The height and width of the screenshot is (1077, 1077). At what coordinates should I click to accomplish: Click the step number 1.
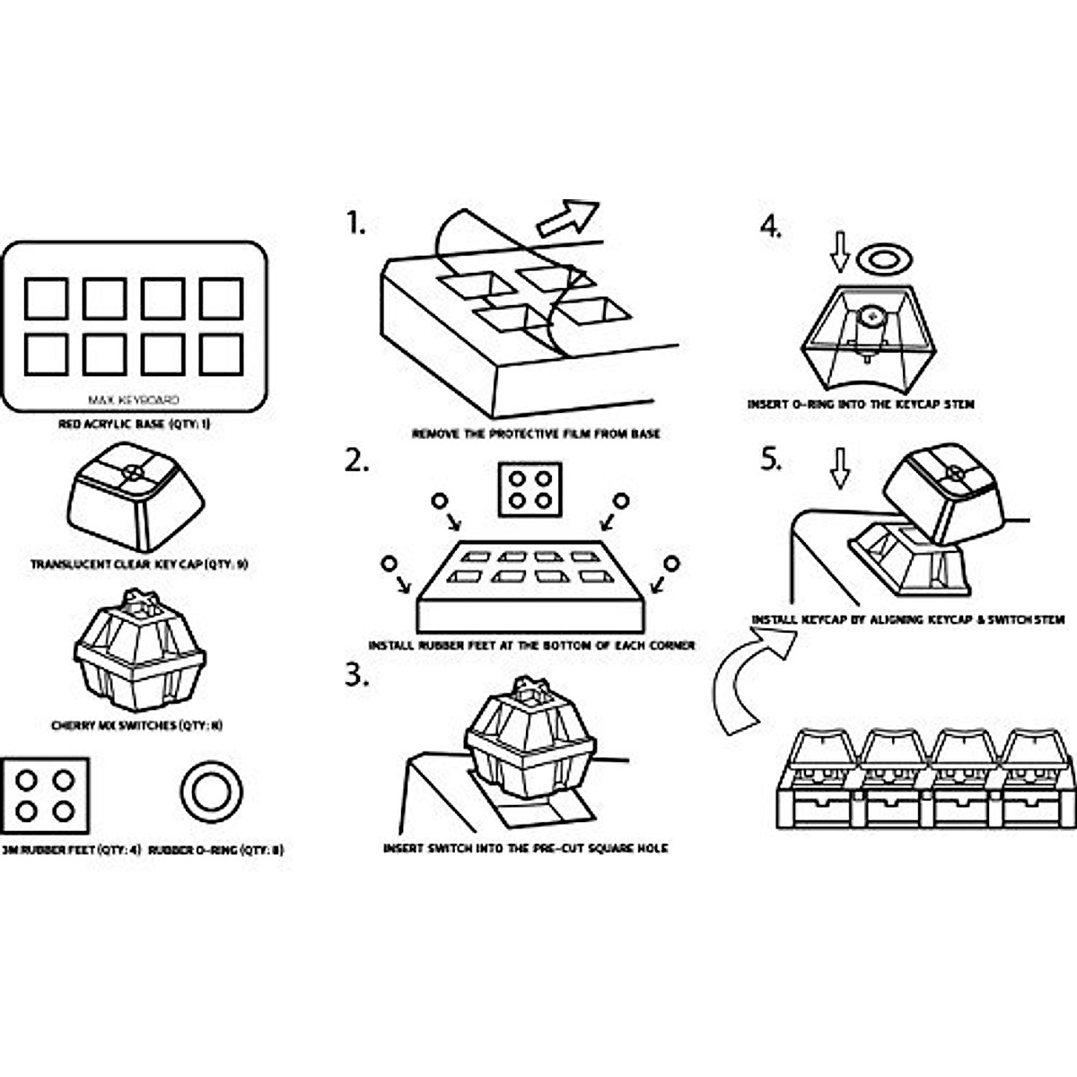tap(356, 222)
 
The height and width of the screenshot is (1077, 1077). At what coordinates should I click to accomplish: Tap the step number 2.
tap(357, 461)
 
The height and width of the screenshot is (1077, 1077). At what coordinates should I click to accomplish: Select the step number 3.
tap(357, 676)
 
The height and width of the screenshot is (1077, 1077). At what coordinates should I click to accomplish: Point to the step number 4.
tap(771, 226)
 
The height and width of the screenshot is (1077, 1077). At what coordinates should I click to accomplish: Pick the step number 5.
tap(771, 460)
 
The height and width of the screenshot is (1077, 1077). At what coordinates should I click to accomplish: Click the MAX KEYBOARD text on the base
tap(134, 400)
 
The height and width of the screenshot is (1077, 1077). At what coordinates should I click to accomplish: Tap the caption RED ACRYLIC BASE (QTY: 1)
tap(134, 424)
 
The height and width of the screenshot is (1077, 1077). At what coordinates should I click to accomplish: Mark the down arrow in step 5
tap(839, 468)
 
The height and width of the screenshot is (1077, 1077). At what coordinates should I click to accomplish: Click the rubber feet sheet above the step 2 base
tap(530, 489)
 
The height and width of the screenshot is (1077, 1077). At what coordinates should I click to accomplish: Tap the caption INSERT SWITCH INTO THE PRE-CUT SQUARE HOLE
tap(525, 848)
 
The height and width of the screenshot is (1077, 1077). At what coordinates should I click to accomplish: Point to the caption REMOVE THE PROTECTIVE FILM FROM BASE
tap(536, 434)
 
